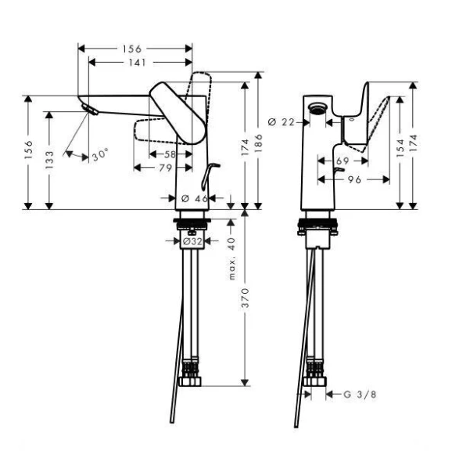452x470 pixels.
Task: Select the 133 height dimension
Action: [x=48, y=158]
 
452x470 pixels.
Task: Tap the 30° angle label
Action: [x=99, y=156]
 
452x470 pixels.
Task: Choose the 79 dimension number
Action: [x=165, y=167]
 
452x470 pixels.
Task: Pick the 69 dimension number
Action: [x=342, y=160]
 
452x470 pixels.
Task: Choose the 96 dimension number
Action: [x=353, y=179]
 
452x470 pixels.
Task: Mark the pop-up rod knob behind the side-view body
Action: [x=216, y=165]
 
